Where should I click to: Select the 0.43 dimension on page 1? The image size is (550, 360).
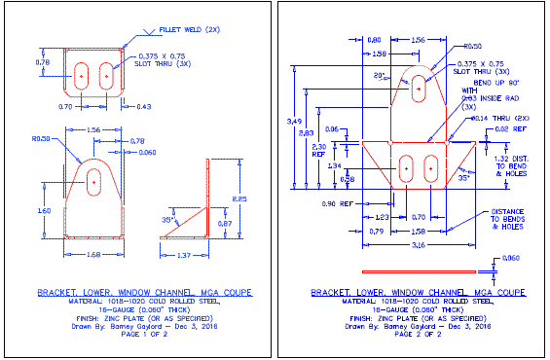pos(143,105)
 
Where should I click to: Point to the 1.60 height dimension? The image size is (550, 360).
pos(44,209)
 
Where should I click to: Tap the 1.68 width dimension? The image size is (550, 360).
pos(92,255)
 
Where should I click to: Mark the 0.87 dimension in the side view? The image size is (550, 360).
pos(226,224)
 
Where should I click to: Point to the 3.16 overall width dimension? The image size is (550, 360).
pos(418,246)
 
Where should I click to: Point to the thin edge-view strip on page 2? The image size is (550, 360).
pos(418,270)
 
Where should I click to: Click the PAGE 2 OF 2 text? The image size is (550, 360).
pos(413,336)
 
